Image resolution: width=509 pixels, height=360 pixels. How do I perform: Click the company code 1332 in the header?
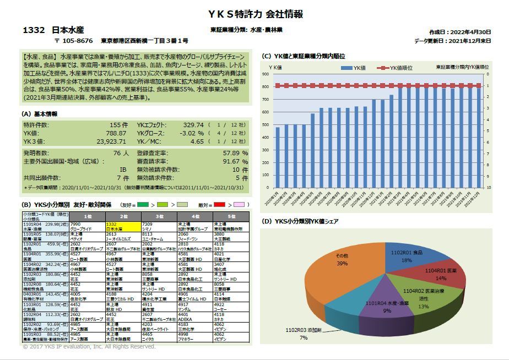click(x=34, y=30)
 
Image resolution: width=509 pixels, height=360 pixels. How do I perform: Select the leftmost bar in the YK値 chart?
click(x=278, y=157)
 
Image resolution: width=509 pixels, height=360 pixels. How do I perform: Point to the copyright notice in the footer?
click(x=89, y=347)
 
